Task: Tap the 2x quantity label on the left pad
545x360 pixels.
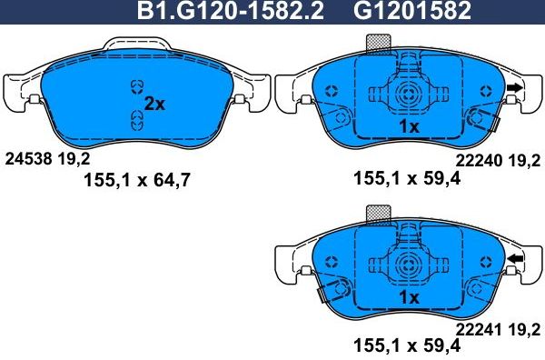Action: (156, 104)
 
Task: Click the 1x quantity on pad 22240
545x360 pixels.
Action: (408, 127)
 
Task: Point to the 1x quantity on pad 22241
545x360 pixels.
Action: (408, 297)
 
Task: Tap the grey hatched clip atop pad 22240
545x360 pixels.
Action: (377, 44)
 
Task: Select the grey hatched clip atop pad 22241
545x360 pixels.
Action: (377, 214)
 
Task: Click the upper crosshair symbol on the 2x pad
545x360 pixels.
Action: (137, 85)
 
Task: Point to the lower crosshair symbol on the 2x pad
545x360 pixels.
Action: (137, 116)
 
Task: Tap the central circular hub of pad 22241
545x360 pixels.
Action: (406, 263)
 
